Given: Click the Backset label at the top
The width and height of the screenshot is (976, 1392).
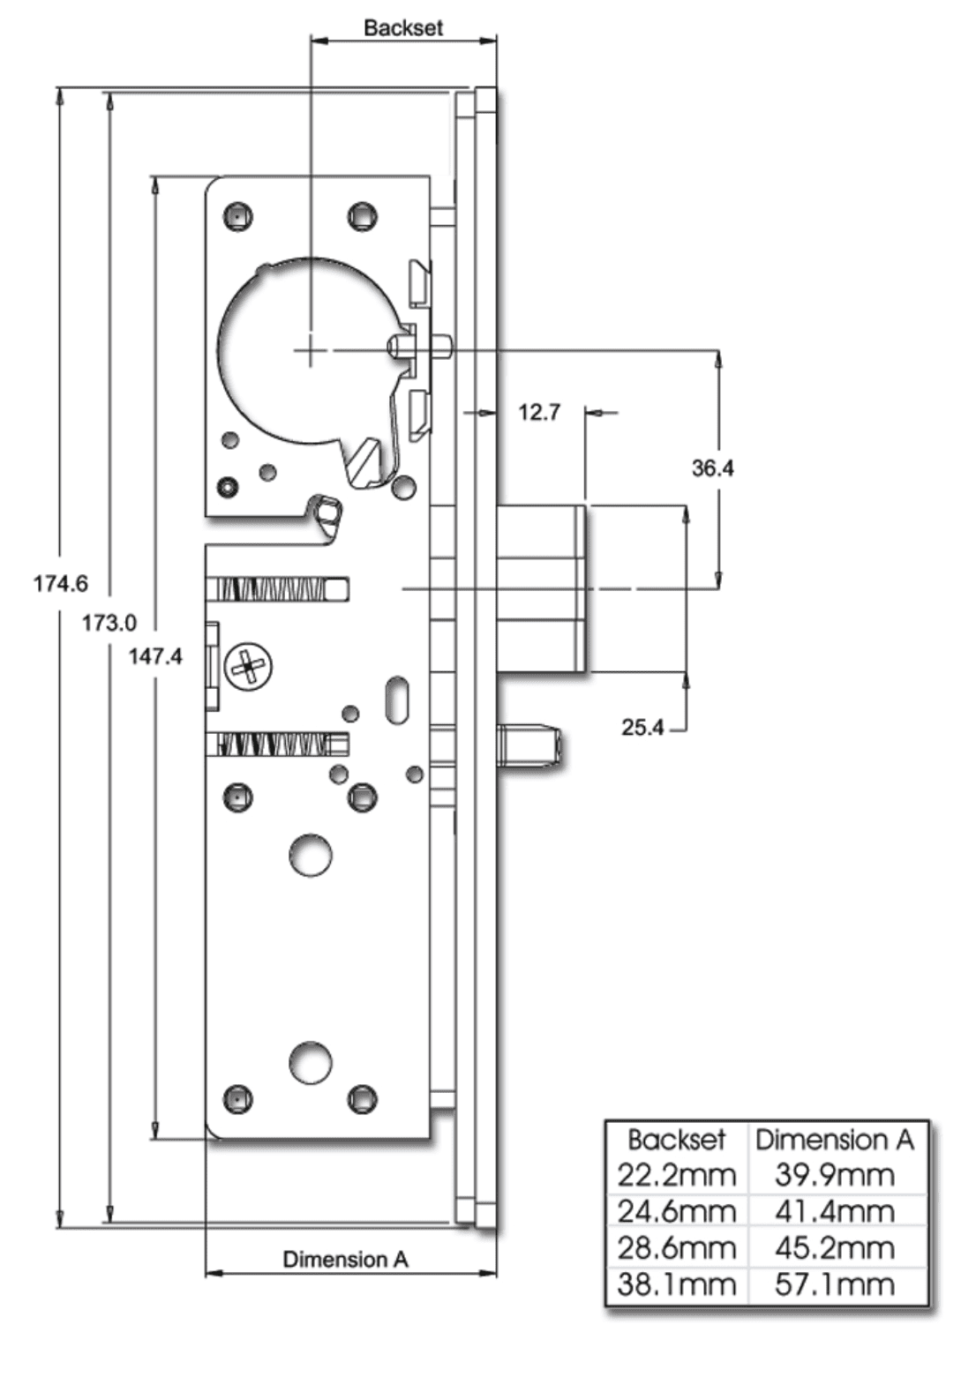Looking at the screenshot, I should [402, 27].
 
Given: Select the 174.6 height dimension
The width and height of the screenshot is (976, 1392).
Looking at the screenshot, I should [60, 583].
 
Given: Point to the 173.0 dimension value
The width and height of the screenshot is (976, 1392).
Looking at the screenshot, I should [109, 623].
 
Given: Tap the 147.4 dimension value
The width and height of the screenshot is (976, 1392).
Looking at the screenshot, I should [155, 656].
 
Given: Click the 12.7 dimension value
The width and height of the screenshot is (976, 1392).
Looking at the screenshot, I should [538, 412].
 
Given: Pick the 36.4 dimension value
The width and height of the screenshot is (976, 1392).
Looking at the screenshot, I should [712, 468].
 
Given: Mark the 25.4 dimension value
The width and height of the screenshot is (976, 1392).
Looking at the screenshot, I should [642, 728].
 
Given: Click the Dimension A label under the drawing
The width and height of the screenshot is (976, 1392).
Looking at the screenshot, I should [345, 1260].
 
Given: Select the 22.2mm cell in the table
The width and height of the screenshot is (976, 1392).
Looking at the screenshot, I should [676, 1175].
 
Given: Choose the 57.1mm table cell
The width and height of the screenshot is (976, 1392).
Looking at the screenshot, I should [835, 1284].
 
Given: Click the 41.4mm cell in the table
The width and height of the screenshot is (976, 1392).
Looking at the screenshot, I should [835, 1211].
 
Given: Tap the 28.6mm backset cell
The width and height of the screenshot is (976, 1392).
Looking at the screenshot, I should [676, 1248].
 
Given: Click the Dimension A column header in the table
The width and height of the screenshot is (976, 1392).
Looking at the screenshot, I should [835, 1140].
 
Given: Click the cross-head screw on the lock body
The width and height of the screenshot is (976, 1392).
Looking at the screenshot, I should [249, 667].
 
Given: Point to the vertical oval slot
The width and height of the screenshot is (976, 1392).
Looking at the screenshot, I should [398, 700].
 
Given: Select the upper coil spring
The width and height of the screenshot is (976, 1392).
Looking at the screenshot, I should [277, 589].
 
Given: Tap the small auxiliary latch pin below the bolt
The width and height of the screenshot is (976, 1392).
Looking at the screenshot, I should [531, 745].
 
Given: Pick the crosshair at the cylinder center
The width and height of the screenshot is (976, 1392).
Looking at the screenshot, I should [310, 351].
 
